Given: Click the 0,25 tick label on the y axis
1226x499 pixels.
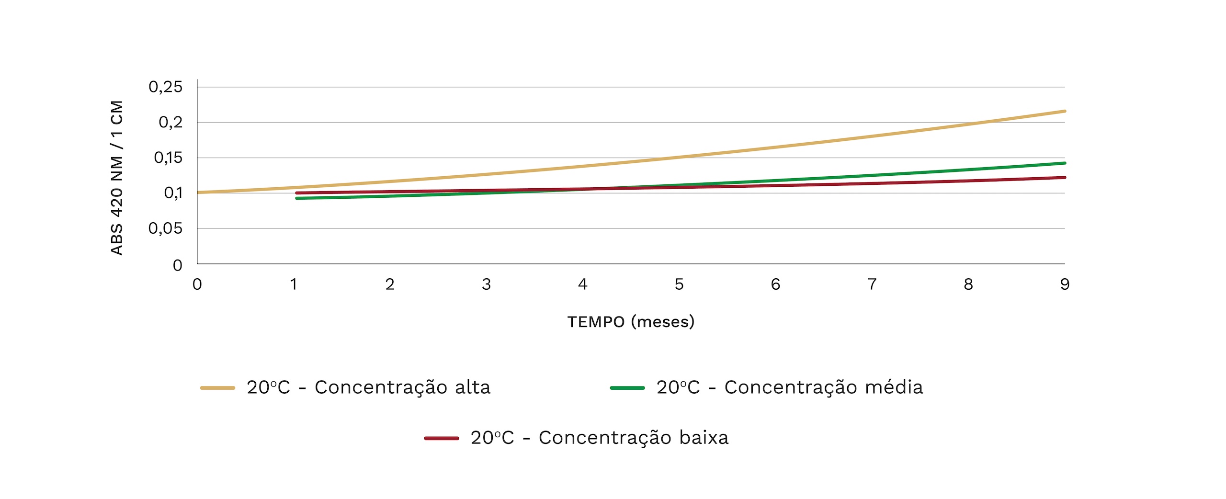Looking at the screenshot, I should (166, 87).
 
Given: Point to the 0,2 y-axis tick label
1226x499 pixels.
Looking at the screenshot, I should (170, 123).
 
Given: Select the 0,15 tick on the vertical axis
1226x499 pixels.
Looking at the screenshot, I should (168, 158).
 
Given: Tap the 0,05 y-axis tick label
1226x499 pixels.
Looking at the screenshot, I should (166, 228).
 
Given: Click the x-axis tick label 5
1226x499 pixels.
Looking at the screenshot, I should (679, 284).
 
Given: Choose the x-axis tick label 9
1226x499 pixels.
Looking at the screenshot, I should (1065, 284).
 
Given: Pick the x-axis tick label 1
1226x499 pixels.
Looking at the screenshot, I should (294, 284).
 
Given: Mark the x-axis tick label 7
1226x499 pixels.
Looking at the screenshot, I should (872, 284).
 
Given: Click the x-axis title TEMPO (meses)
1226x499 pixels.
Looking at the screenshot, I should (631, 322).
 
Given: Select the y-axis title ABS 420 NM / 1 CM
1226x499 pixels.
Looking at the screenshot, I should (117, 178).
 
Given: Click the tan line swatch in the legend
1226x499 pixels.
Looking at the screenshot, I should (217, 388).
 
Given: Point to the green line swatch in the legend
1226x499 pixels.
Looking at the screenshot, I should (627, 388).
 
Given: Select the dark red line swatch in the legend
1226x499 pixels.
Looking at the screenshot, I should (442, 438).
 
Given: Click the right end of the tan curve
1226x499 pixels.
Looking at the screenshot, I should (1064, 111).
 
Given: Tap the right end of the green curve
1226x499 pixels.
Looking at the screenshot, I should (1064, 163).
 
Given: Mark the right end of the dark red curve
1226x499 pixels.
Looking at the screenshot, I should (1064, 178).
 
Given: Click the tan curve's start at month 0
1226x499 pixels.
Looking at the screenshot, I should (198, 193).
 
